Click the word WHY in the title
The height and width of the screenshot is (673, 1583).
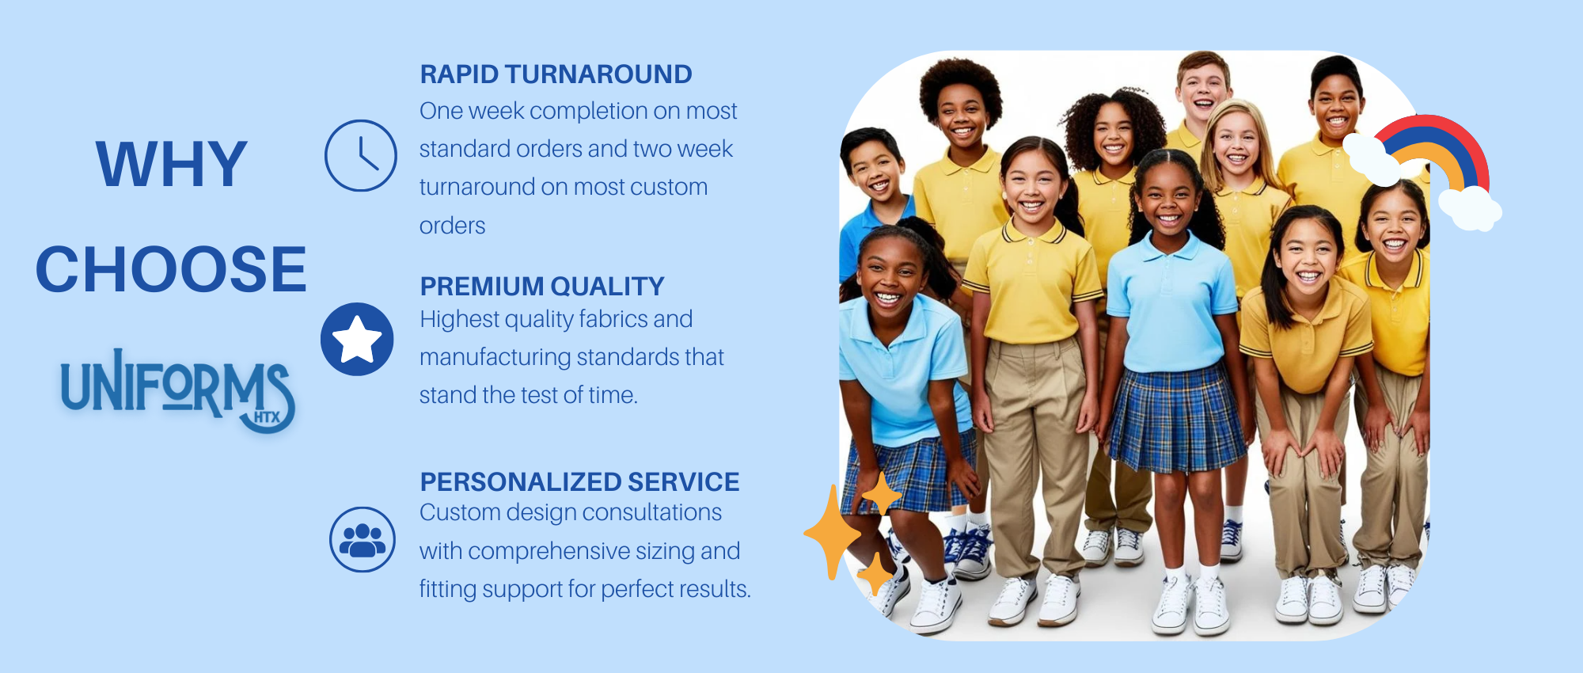pyautogui.click(x=171, y=164)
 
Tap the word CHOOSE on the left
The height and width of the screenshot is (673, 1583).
pyautogui.click(x=171, y=269)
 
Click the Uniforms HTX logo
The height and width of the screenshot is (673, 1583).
pyautogui.click(x=178, y=390)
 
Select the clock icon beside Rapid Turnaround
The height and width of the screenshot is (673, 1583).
pyautogui.click(x=361, y=155)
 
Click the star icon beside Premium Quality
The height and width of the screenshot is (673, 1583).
pyautogui.click(x=357, y=339)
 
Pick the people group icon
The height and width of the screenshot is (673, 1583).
pyautogui.click(x=363, y=539)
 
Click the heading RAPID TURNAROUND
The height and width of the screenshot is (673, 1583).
pyautogui.click(x=556, y=74)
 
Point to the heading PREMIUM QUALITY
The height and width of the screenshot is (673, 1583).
pyautogui.click(x=542, y=286)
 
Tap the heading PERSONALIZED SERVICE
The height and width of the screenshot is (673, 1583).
pyautogui.click(x=579, y=481)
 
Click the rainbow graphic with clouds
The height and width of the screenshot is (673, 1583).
pyautogui.click(x=1425, y=170)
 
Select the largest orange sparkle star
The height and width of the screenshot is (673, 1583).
pyautogui.click(x=832, y=532)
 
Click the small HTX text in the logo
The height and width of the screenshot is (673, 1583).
pyautogui.click(x=267, y=417)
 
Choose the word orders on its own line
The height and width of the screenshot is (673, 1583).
pyautogui.click(x=452, y=226)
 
